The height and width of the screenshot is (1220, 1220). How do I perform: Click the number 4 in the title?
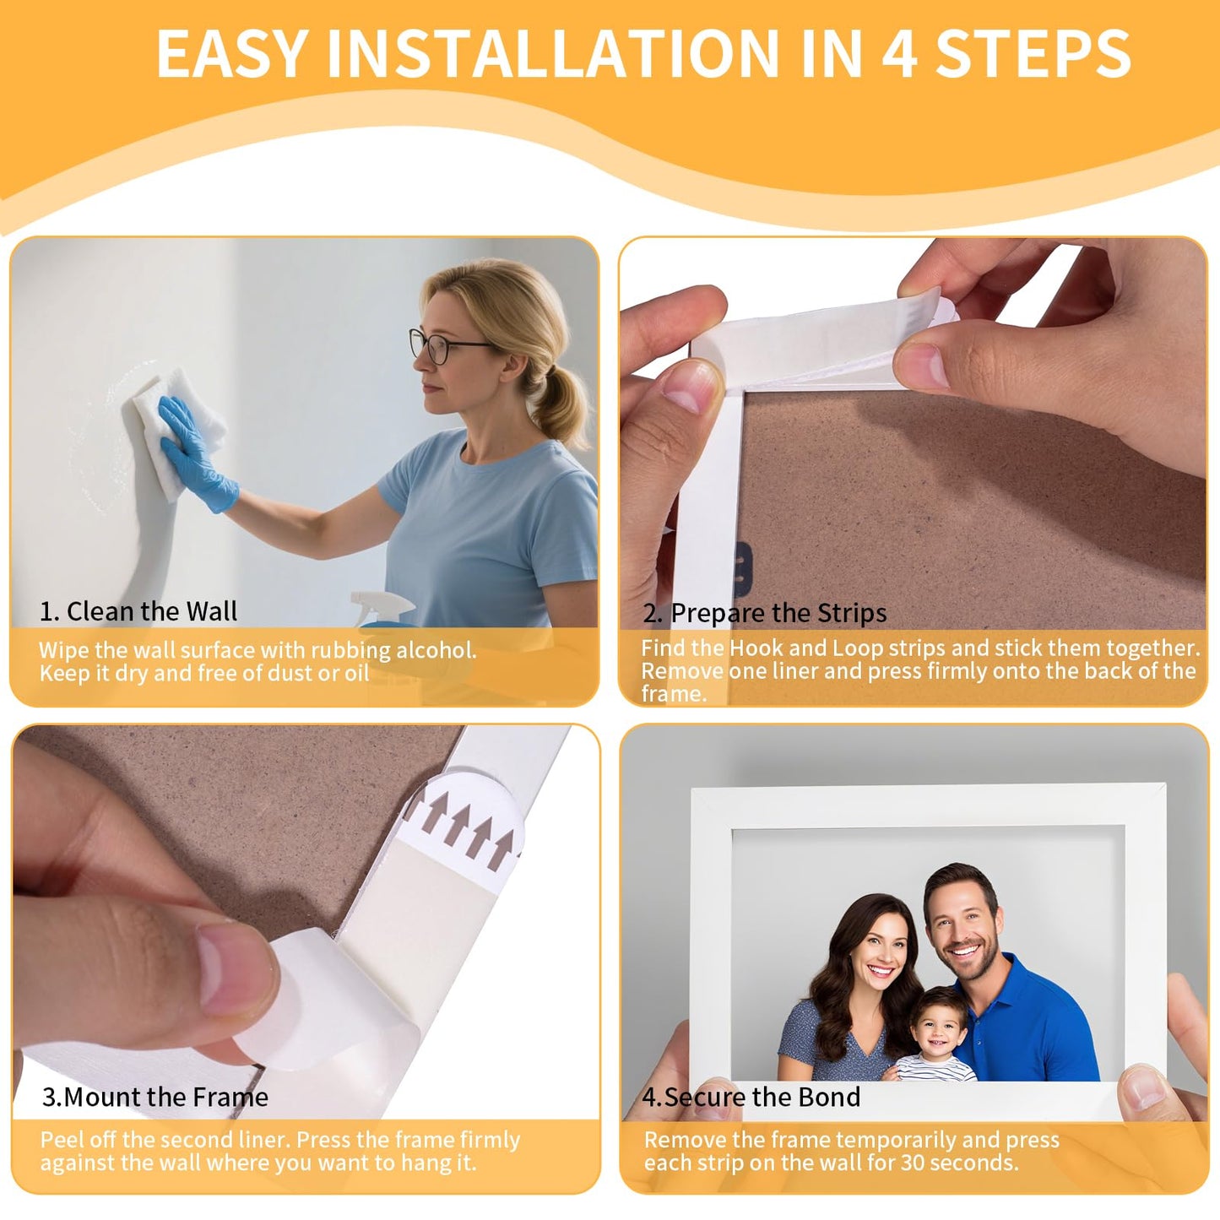coord(899,54)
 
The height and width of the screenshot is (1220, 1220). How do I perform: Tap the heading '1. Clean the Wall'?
coord(138,611)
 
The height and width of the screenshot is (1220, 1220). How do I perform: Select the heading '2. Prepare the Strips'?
coord(765,613)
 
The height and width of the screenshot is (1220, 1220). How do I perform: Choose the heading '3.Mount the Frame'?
coord(155,1097)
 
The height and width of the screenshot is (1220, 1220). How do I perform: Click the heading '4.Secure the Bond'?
coord(751,1097)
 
